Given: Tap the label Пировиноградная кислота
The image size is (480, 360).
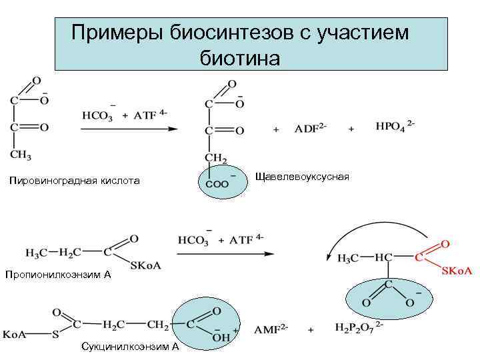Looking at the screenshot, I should tap(75, 181).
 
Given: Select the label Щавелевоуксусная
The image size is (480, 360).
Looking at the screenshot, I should tap(302, 177).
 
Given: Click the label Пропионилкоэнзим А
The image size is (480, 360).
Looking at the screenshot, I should tap(57, 274).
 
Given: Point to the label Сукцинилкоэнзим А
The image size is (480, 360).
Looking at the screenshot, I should tap(129, 347).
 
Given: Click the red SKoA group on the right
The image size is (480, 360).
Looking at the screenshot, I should tap(455, 271).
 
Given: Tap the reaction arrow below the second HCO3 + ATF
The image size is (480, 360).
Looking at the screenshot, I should tap(225, 254).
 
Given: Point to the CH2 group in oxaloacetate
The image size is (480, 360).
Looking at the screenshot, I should tap(215, 157).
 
